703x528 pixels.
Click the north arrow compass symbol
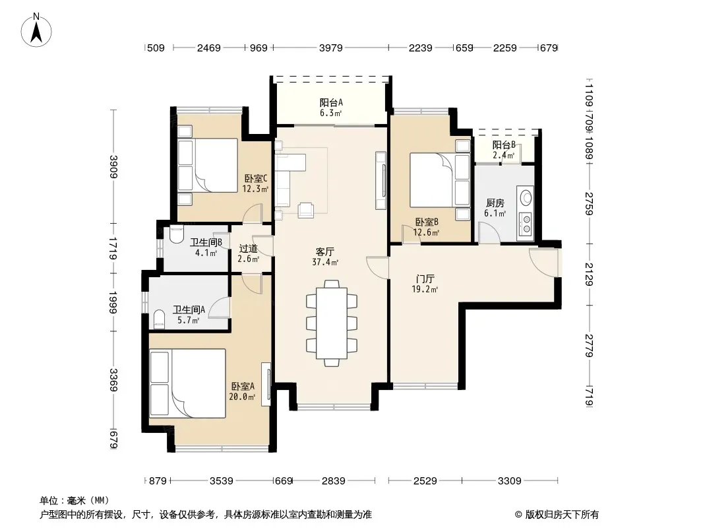point(36,30)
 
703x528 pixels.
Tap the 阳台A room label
point(331,103)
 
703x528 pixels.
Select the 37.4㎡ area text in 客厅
point(325,263)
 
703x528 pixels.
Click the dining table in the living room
point(332,323)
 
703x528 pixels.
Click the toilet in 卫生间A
point(159,319)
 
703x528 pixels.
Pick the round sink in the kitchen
point(526,198)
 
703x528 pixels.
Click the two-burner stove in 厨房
point(526,224)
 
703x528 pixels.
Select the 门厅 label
point(425,279)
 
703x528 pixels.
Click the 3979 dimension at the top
point(331,48)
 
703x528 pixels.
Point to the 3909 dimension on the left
point(113,166)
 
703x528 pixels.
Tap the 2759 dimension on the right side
point(589,204)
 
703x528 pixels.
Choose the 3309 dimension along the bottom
point(509,481)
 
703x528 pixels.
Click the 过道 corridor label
point(248,249)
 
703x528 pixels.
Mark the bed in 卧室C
point(208,166)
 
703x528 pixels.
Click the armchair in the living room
point(306,210)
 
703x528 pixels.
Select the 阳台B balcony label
point(504,145)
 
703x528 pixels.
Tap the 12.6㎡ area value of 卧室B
point(426,232)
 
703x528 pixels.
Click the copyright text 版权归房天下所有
point(562,515)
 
